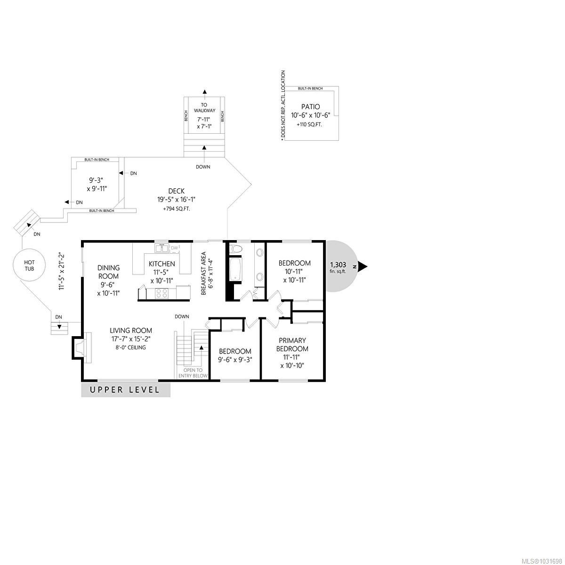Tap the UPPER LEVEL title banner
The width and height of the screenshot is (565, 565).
(x=125, y=390)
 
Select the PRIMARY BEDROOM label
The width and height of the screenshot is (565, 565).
(x=292, y=345)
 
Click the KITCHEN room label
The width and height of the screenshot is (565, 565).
(x=161, y=264)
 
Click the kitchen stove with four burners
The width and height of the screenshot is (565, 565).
(x=162, y=293)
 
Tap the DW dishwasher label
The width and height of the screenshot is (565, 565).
(x=174, y=248)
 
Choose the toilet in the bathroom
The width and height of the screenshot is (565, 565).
(x=236, y=249)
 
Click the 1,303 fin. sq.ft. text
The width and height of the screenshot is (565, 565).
(x=338, y=267)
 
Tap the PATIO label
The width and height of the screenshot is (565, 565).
(x=311, y=107)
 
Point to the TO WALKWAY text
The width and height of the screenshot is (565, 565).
(x=204, y=108)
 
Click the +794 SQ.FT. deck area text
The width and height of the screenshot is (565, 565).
(x=177, y=209)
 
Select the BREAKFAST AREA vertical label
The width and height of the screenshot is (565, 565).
(x=204, y=274)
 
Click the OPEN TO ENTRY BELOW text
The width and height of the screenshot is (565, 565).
(x=193, y=372)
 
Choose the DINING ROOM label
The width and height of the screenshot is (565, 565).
(x=108, y=272)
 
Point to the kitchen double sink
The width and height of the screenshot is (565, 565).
(x=162, y=247)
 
